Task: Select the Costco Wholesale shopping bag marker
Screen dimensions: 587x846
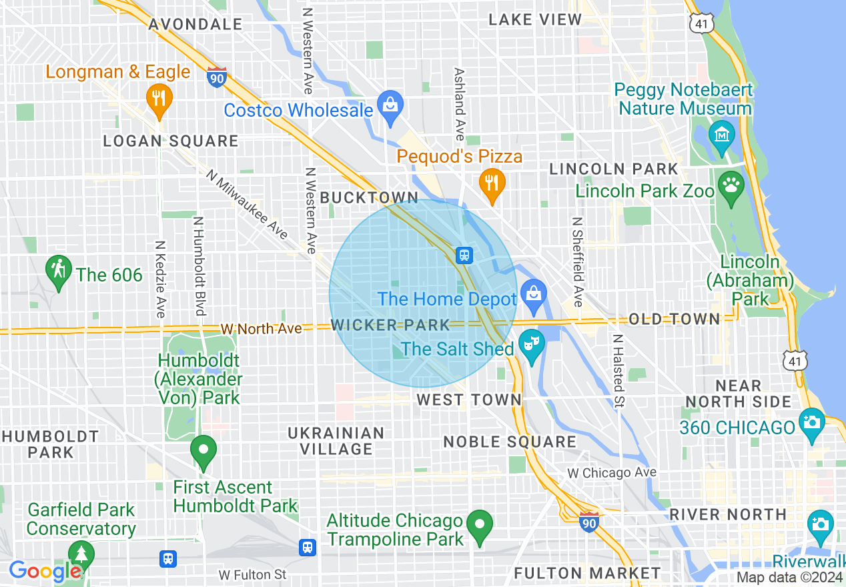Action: [390, 105]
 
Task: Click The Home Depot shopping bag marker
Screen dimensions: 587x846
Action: [533, 294]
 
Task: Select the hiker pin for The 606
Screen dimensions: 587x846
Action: [59, 271]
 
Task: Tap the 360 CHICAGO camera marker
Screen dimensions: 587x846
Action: [811, 423]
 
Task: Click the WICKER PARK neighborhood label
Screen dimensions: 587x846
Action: [391, 326]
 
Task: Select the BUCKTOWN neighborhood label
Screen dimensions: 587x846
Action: [369, 197]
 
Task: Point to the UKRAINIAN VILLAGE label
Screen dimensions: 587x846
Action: [336, 441]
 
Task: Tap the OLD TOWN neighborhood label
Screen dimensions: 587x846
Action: [675, 319]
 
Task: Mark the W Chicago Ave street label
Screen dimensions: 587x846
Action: [612, 473]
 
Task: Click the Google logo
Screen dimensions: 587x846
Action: [45, 572]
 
